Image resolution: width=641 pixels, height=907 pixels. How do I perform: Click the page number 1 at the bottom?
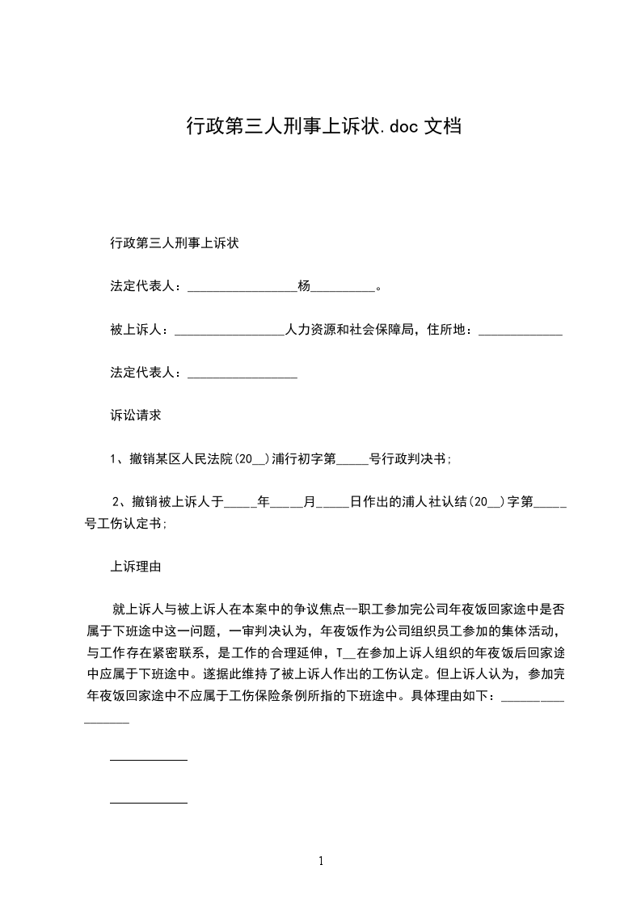point(321,861)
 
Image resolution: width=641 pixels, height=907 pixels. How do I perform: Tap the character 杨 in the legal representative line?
point(304,286)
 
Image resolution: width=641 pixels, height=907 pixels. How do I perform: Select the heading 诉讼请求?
point(136,416)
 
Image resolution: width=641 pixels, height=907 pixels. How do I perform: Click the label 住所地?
point(446,330)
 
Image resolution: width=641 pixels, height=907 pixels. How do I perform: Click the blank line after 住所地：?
point(521,331)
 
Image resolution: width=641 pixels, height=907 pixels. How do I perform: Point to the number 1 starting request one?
point(114,459)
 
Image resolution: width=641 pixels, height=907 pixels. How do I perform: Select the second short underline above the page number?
point(149,803)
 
